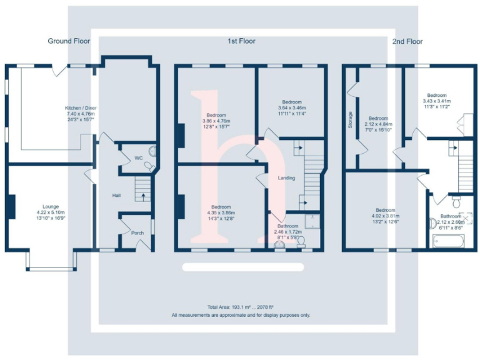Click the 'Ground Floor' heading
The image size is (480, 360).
coord(69,41)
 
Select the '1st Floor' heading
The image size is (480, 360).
coord(241,41)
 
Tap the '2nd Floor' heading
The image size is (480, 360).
coord(407,41)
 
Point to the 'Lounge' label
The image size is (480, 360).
coord(51,206)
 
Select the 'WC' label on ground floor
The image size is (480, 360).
coord(138,158)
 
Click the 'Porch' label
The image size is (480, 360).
coord(137,232)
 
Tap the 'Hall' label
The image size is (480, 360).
coord(116,196)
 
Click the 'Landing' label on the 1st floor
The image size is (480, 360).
coord(286,179)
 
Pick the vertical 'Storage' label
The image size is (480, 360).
coord(351,120)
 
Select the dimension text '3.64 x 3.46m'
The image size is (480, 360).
coord(292,108)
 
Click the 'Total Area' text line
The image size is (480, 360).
coord(240,307)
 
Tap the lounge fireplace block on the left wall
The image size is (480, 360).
coord(11,206)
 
